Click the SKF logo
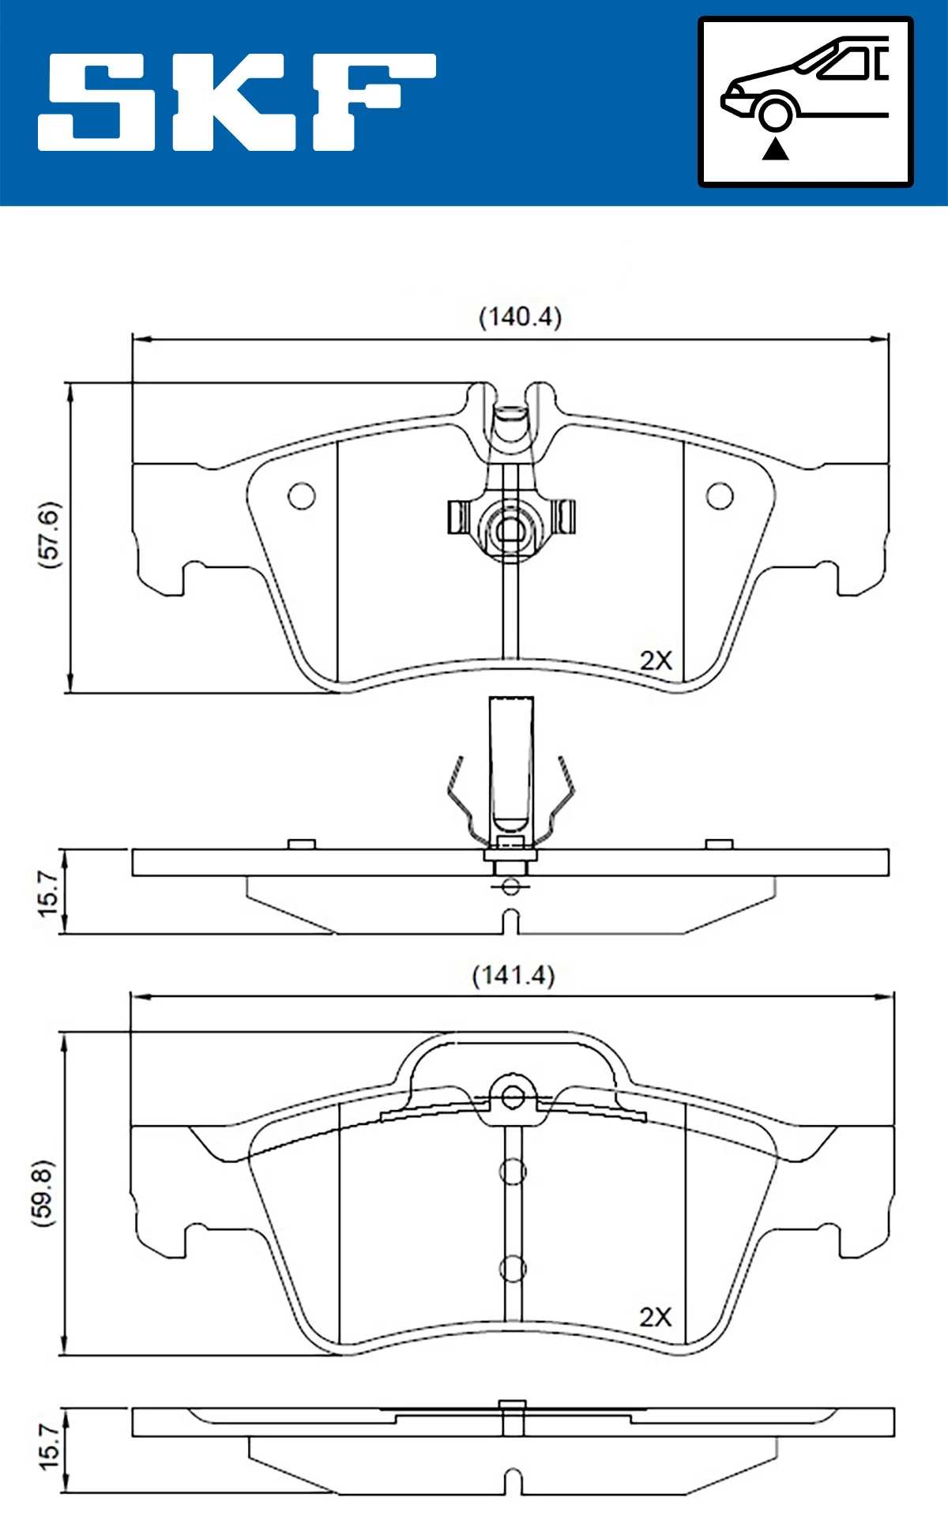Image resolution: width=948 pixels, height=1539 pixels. [237, 103]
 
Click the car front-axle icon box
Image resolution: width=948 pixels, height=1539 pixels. [805, 102]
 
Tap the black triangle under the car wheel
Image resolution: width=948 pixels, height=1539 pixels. [775, 149]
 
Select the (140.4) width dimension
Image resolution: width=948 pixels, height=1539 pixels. [520, 317]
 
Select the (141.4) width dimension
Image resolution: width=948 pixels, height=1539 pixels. [513, 975]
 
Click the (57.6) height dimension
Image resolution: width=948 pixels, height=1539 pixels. [49, 535]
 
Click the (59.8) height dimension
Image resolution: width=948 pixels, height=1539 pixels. [43, 1193]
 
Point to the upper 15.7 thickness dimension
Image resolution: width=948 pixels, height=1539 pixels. [48, 893]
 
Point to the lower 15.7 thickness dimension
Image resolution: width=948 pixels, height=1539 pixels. [48, 1447]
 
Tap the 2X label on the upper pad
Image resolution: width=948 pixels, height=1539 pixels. [655, 660]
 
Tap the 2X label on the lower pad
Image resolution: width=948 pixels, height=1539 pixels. [655, 1317]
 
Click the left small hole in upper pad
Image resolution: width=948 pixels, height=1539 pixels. [302, 496]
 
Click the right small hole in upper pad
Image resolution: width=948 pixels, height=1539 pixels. [719, 496]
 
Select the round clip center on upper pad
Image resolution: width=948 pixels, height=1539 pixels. [510, 529]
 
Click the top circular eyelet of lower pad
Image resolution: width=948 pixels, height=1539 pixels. [513, 1097]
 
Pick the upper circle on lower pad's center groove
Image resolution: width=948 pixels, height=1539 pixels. [512, 1171]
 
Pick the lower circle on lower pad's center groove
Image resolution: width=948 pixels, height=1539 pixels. [512, 1268]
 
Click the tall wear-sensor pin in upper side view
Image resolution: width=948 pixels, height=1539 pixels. [511, 762]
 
